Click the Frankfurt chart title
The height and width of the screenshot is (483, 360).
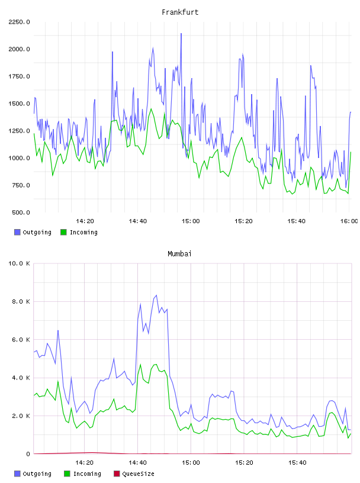(180, 12)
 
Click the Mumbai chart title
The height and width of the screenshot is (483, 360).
(179, 254)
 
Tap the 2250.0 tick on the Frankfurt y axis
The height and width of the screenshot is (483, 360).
(19, 22)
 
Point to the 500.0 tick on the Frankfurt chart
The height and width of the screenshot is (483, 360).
(21, 212)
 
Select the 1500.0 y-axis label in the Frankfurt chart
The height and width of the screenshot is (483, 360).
(19, 104)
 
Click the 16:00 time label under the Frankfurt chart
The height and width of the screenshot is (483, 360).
(349, 221)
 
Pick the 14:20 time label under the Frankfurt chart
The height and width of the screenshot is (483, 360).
(85, 221)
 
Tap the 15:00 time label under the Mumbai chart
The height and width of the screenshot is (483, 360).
(191, 463)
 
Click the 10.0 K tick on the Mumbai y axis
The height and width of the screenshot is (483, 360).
(19, 263)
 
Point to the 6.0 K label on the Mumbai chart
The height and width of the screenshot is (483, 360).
(21, 339)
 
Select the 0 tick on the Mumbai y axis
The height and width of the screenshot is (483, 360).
(28, 454)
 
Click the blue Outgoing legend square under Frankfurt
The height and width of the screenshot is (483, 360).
(17, 232)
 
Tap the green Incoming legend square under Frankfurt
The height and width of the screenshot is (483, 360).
(63, 232)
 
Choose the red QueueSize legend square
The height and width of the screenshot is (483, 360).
(117, 474)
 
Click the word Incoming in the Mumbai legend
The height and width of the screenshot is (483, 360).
(87, 474)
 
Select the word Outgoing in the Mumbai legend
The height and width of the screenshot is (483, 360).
(37, 474)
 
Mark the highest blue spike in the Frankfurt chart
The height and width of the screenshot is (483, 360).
(181, 34)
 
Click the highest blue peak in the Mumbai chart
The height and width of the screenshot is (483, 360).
(156, 295)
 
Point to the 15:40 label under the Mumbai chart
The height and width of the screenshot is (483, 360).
(297, 463)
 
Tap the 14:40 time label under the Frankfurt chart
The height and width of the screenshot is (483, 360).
(138, 221)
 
